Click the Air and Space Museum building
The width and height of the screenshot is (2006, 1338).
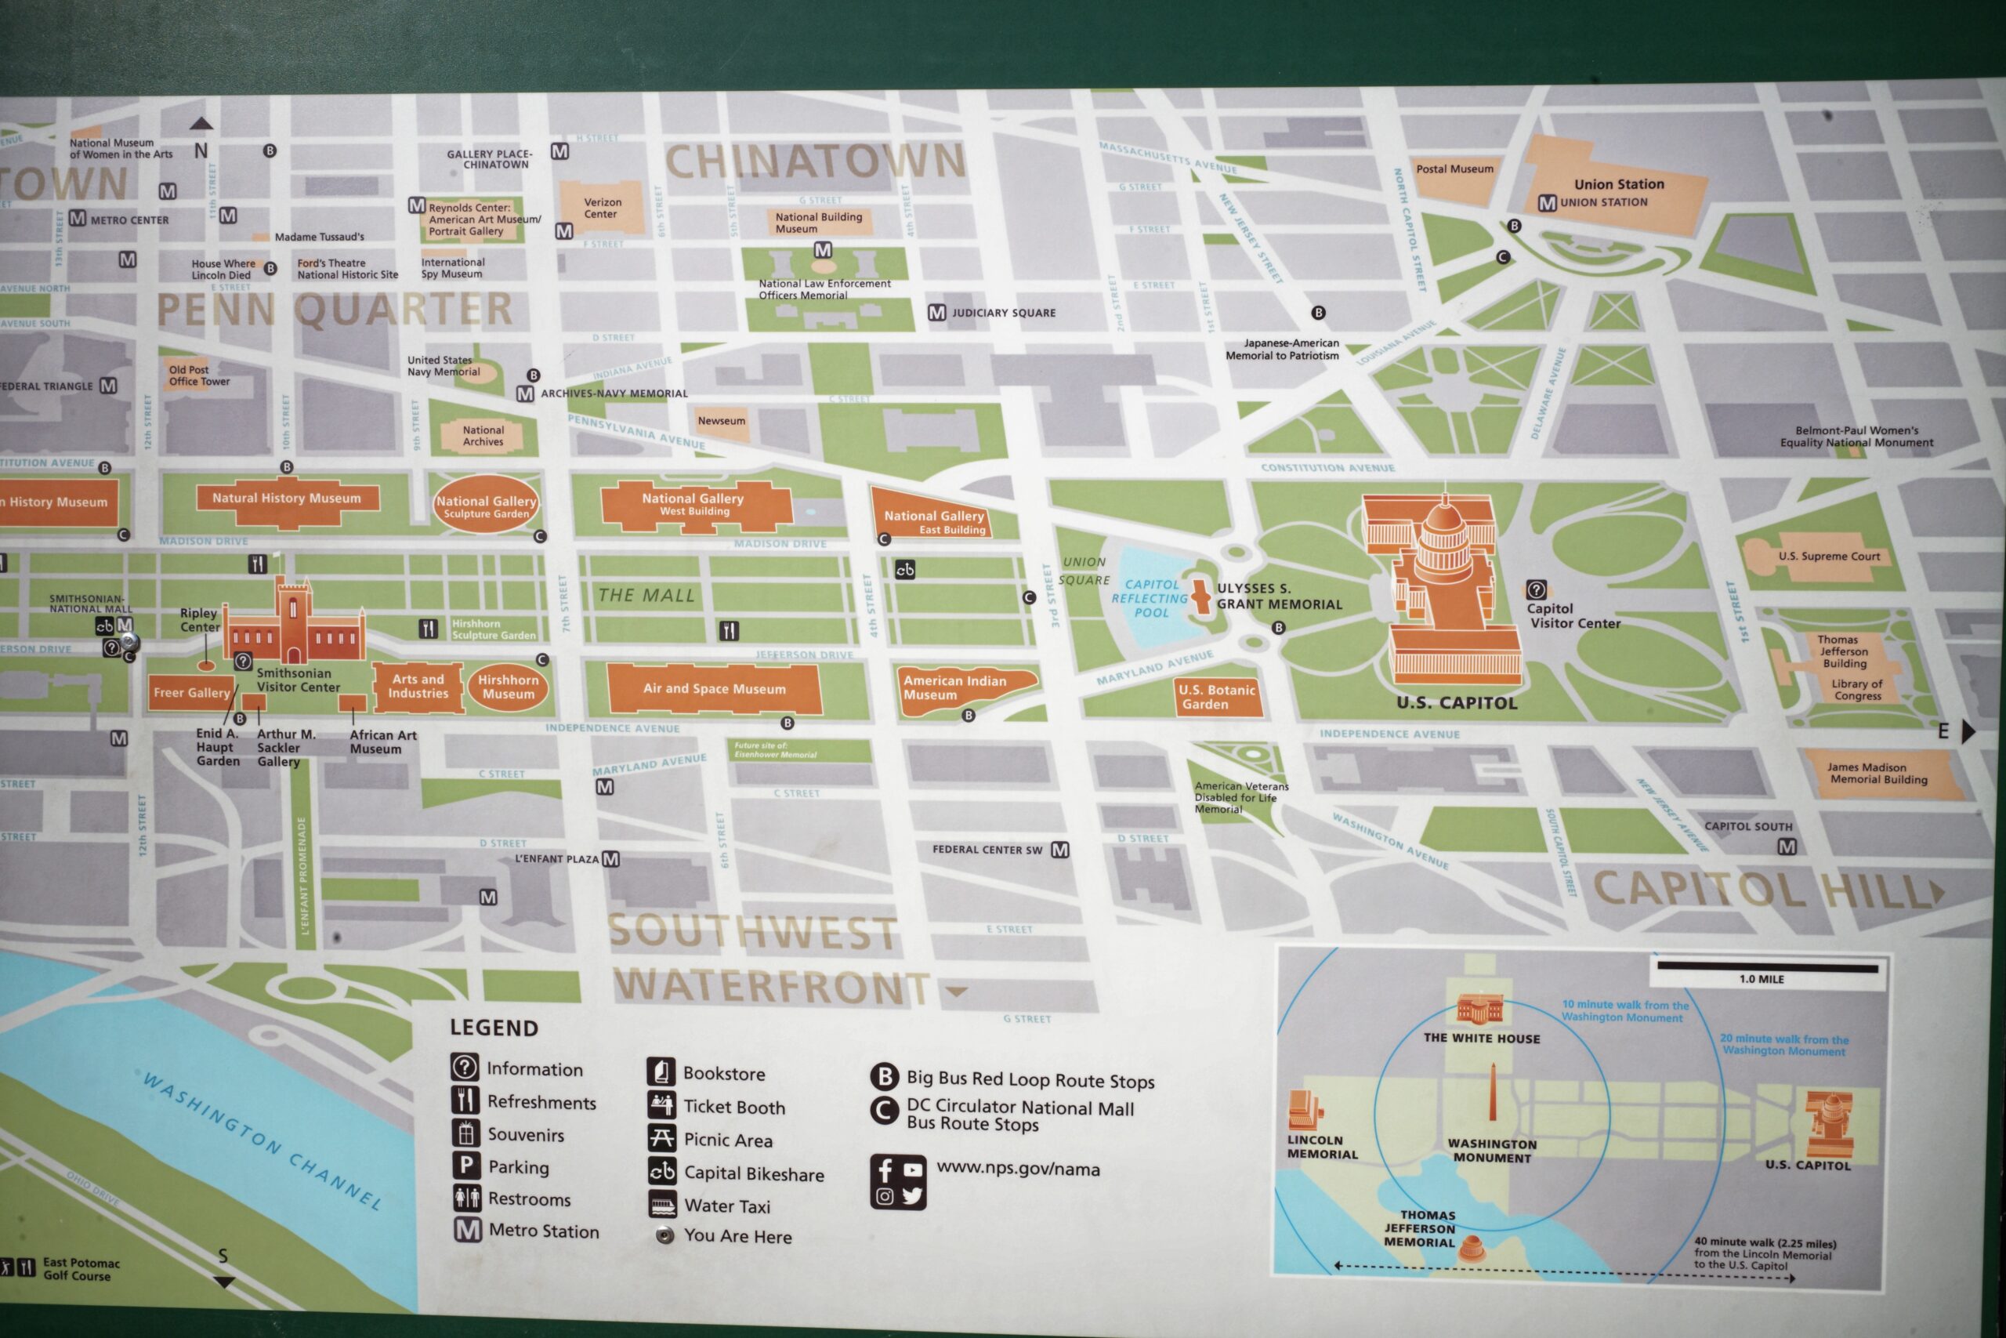pos(714,689)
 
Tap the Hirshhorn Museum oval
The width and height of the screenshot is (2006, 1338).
pos(508,687)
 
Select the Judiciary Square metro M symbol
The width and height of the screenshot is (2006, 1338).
pos(936,314)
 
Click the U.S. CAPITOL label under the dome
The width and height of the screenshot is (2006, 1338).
pos(1457,703)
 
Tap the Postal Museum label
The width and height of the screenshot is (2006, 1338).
pos(1454,169)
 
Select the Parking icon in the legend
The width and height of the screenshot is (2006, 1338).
pos(465,1166)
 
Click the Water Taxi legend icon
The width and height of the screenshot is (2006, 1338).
pos(663,1206)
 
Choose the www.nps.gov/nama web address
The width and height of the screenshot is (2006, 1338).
pos(1018,1169)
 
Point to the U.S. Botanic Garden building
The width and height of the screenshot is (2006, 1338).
pos(1218,696)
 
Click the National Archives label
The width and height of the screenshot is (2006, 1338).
pos(483,436)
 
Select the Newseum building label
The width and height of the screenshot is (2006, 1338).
pos(721,421)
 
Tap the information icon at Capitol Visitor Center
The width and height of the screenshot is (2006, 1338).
pos(1536,589)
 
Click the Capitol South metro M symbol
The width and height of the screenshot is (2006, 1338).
pos(1787,847)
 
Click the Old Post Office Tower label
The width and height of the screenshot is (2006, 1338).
pos(198,375)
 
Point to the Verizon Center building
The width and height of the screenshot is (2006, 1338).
pos(602,208)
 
